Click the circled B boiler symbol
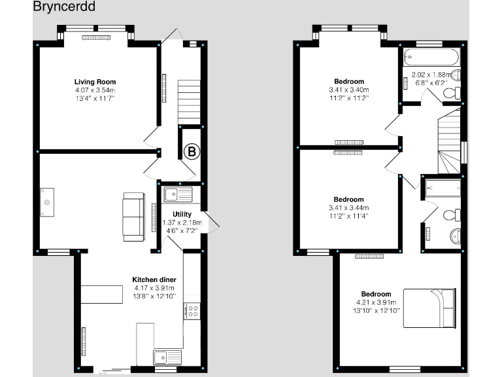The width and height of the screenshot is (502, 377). point(192,152)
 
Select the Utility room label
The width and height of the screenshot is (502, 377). point(182,214)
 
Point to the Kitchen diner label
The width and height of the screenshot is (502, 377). point(154,279)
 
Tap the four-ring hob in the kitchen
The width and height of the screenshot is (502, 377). point(192,311)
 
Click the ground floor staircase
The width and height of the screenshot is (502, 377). point(188,101)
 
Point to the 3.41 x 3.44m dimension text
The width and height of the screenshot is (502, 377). point(348,207)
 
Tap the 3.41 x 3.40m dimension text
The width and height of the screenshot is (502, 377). point(348,90)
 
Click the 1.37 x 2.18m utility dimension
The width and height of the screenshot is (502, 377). point(182,223)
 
